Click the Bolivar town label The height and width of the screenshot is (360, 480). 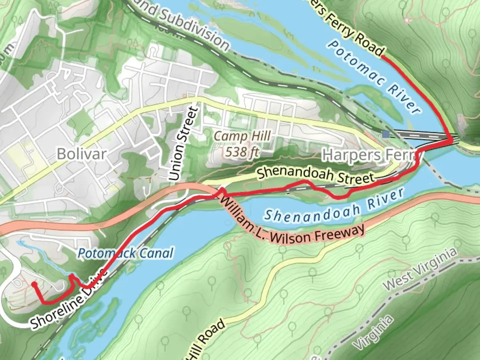tap(82, 154)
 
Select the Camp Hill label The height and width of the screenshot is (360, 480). tap(242, 136)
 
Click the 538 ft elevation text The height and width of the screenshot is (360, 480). tap(242, 152)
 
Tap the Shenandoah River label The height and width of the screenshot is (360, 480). tap(333, 207)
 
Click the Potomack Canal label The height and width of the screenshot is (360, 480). tap(126, 253)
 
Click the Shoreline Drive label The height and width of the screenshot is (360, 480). tap(68, 300)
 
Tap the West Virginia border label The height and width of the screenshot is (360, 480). tap(419, 269)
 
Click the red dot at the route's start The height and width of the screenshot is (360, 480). tap(34, 284)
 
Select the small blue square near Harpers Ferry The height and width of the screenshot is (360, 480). tap(386, 134)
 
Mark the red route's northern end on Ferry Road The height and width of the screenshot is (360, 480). tap(382, 57)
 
